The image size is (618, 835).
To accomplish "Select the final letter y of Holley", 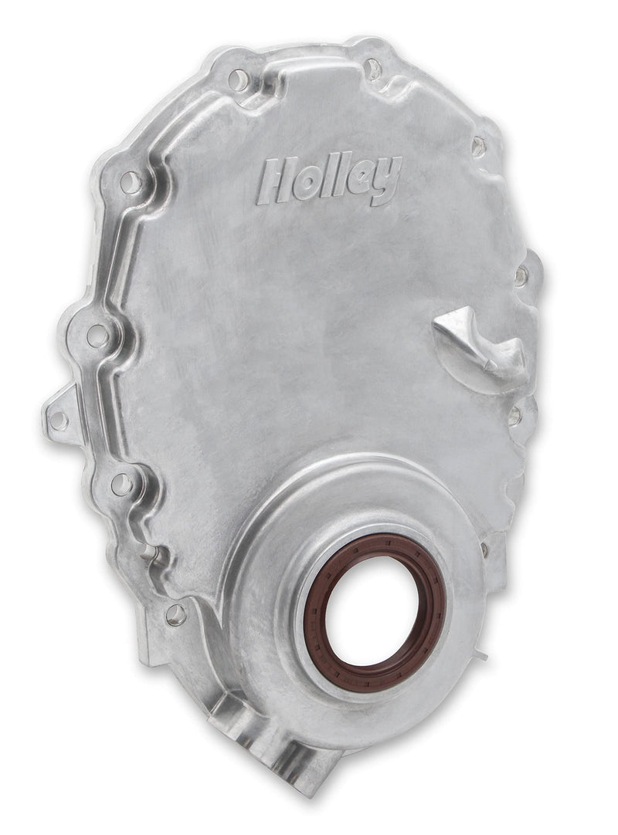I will pos(389,178).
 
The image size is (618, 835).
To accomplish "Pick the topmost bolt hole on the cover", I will pos(373,69).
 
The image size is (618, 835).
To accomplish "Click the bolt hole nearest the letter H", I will pos(239,79).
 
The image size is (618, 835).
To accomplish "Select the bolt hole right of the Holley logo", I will pos(478,145).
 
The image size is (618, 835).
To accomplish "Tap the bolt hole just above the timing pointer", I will pos(521,275).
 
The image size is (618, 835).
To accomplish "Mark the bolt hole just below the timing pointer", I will pos(514,416).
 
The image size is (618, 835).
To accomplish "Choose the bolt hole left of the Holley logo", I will pos(131,183).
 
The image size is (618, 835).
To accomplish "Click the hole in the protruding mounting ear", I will pos(58,421).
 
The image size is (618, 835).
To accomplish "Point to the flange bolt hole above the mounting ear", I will pos(97,336).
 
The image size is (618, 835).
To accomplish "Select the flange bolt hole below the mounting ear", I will pos(121,485).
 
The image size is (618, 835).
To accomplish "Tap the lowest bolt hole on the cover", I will pos(175,615).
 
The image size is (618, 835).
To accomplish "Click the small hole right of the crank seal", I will pos(484,549).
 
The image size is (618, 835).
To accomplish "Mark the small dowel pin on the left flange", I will pos(151,551).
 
